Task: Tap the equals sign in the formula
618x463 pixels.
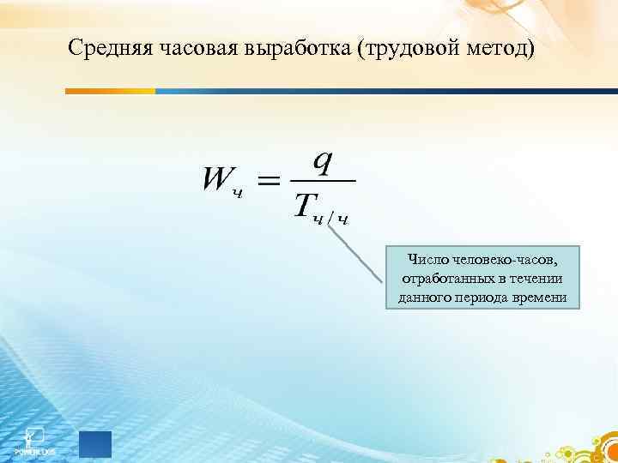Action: tap(269, 181)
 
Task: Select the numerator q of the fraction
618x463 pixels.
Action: tap(322, 160)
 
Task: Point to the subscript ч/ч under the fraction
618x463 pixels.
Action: tap(331, 219)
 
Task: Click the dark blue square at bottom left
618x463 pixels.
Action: tap(95, 444)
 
